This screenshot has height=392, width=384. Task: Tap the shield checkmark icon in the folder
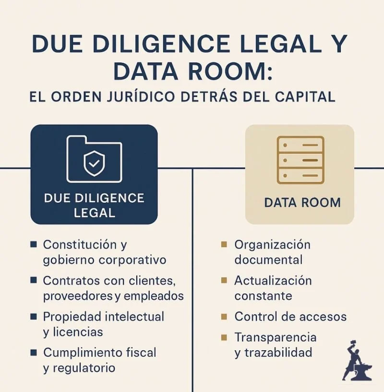coord(94,164)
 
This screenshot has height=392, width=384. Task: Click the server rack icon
coord(300,160)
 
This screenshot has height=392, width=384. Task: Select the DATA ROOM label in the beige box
coord(302,202)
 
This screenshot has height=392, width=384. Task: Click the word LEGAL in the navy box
coord(95,212)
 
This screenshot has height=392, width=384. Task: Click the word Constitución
coord(80,245)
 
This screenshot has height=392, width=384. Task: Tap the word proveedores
coord(78,296)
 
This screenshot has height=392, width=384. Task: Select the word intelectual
coord(131,317)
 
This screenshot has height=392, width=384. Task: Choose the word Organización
coord(272,245)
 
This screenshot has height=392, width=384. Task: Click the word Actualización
coord(273,281)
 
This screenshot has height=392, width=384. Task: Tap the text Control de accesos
coord(290,317)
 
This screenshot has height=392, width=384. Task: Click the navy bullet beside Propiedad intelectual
coord(33,317)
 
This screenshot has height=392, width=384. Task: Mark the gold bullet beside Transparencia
coord(224,338)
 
